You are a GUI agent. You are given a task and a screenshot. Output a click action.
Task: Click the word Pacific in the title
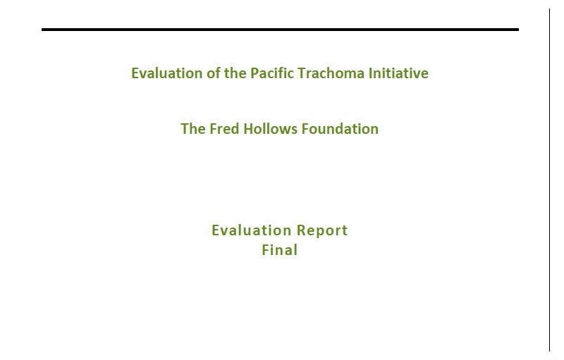[272, 73]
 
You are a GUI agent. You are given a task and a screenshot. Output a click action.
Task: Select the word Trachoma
[331, 73]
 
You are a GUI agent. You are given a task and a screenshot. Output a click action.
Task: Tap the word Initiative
[398, 73]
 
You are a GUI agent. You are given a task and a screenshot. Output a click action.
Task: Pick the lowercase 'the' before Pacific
[235, 73]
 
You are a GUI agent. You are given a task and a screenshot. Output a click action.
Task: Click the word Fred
[224, 129]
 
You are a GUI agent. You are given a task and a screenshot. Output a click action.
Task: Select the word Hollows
[271, 129]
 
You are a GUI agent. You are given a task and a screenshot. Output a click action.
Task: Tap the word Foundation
[340, 129]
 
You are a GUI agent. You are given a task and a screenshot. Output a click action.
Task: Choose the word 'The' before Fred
[193, 129]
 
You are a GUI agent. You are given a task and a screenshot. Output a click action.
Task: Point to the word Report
[322, 231]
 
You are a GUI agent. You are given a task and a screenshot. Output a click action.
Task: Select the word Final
[280, 250]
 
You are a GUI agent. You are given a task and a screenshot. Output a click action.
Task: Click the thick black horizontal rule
[280, 30]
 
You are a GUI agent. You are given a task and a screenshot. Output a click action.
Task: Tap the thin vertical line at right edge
[550, 180]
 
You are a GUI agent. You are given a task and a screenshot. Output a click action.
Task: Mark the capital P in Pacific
[254, 73]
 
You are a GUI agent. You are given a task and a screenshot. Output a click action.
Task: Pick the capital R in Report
[301, 230]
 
